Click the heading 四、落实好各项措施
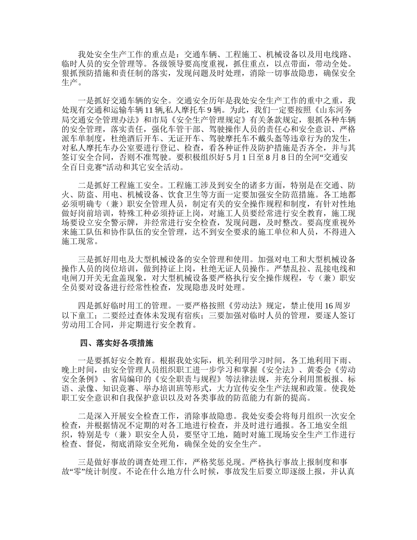pyautogui.click(x=117, y=342)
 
